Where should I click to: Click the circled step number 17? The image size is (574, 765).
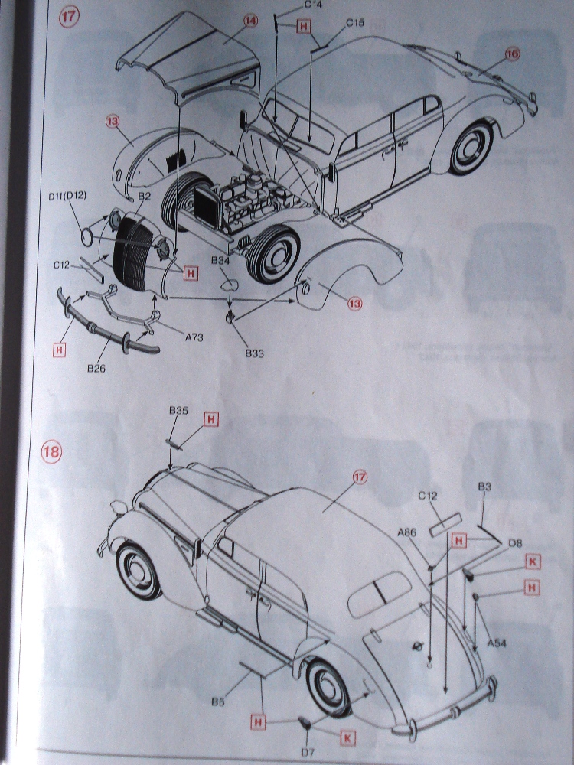point(69,18)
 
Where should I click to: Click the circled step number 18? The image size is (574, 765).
point(51,451)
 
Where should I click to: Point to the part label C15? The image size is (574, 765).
point(354,23)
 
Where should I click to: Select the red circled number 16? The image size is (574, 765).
point(513,53)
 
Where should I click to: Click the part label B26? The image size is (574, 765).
point(96,369)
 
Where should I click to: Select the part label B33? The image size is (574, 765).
point(254,353)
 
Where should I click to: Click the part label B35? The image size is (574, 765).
point(178,411)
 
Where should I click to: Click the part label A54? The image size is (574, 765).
point(497,643)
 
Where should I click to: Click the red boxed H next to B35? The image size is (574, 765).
point(211,419)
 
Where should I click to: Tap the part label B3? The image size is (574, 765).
point(484,487)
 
